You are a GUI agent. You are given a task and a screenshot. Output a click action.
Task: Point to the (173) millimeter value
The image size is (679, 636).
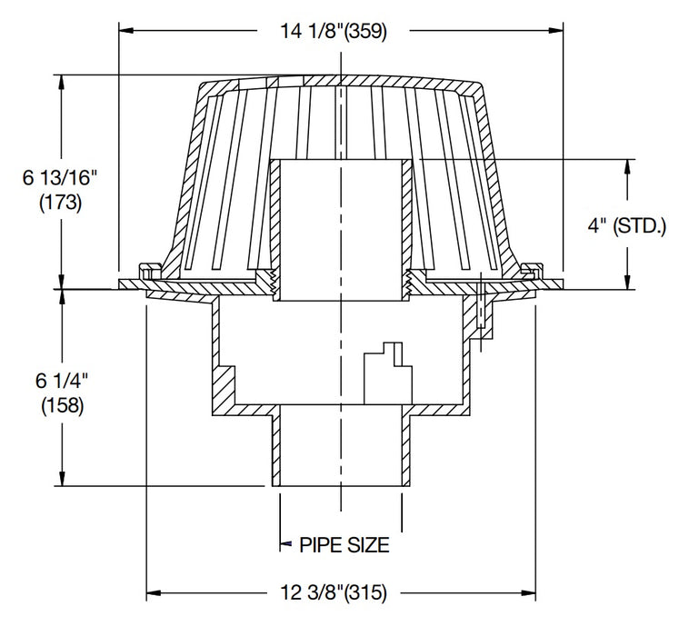61,204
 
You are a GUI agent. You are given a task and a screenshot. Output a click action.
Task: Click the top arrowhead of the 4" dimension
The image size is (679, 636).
627,166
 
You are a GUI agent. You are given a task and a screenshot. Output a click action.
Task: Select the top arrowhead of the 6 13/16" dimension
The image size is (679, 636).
63,80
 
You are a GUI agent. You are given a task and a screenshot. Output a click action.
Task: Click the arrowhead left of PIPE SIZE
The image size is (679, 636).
284,545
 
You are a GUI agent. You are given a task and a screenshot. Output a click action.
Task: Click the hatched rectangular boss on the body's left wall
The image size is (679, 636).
224,383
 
